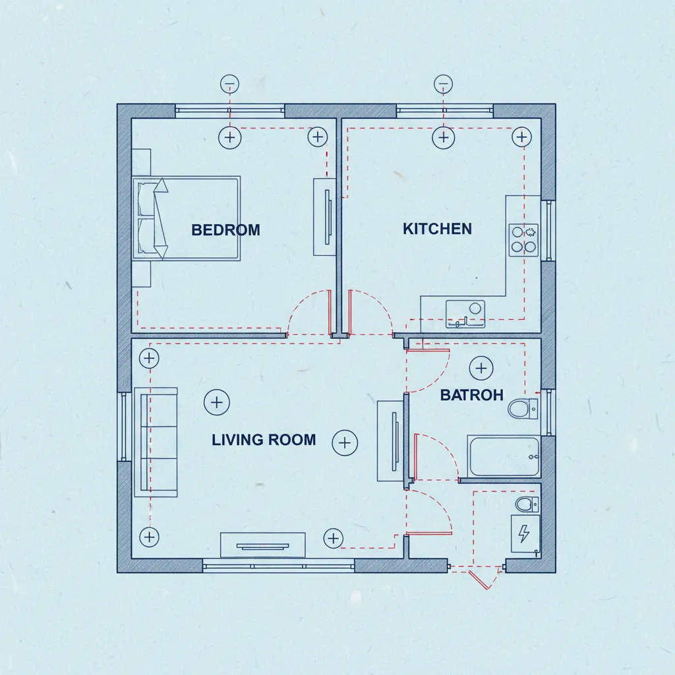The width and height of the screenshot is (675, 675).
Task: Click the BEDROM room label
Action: click(225, 230)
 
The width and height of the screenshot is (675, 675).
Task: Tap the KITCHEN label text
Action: click(437, 229)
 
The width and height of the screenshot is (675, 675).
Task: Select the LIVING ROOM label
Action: click(264, 440)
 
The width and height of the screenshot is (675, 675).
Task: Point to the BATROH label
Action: click(471, 395)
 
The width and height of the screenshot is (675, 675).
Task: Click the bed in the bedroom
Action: click(186, 218)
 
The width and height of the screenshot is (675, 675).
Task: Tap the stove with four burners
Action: click(523, 240)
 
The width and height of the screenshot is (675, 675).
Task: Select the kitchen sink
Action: click(465, 314)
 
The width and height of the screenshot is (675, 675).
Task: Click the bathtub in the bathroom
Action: click(503, 456)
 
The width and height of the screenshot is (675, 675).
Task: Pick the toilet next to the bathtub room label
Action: click(523, 409)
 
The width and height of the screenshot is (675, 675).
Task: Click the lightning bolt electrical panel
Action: click(525, 534)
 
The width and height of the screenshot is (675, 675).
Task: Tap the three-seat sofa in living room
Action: click(156, 442)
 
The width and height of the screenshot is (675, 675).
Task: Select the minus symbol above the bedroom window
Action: click(229, 84)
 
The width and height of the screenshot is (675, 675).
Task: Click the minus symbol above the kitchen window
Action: click(443, 84)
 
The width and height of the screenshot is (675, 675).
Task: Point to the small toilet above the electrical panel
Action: click(527, 504)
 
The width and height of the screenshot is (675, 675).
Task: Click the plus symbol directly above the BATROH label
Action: click(481, 368)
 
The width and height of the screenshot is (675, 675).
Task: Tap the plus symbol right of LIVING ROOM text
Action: click(345, 443)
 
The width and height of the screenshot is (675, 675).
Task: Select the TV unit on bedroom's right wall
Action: click(324, 217)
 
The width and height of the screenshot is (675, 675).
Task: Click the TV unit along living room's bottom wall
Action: click(262, 545)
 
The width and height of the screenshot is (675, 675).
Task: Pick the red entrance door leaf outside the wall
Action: click(479, 579)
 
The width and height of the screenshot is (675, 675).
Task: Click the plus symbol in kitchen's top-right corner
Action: click(521, 137)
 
